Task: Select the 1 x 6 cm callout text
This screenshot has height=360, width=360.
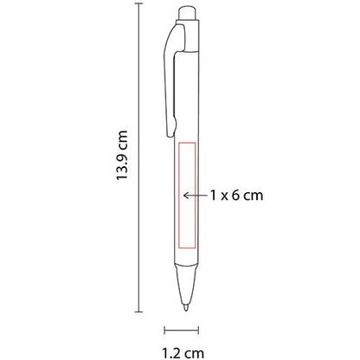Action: tap(235, 196)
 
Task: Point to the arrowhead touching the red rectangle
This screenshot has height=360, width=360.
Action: tap(188, 196)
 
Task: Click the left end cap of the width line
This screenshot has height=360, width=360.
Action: tap(165, 328)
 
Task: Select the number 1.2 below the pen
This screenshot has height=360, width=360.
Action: tap(171, 351)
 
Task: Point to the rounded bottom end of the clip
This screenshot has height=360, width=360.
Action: tap(170, 137)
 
